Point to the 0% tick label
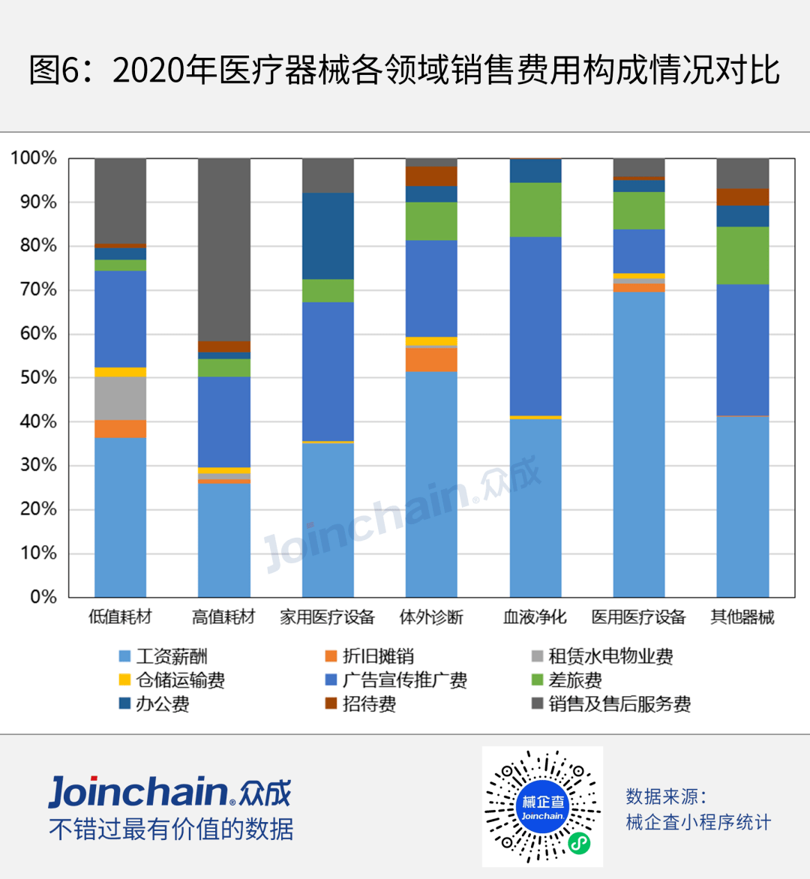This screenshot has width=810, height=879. pos(43,597)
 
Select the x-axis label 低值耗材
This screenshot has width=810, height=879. pos(120,617)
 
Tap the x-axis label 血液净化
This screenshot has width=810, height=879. pos(535,617)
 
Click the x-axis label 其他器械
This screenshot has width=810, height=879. pos(742,617)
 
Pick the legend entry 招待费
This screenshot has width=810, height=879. pos(368,704)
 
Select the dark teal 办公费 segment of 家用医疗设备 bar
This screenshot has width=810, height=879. pos(328,235)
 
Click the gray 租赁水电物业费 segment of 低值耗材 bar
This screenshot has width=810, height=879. pos(120,398)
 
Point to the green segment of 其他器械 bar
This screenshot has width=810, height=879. pos(742,255)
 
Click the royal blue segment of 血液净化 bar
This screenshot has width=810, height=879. pos(535,325)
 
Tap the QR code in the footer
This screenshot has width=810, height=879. pos(541,806)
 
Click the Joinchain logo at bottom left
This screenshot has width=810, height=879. pos(169,793)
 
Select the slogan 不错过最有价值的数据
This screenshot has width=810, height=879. pos(171,829)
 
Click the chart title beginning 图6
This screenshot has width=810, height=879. pos(405,70)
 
